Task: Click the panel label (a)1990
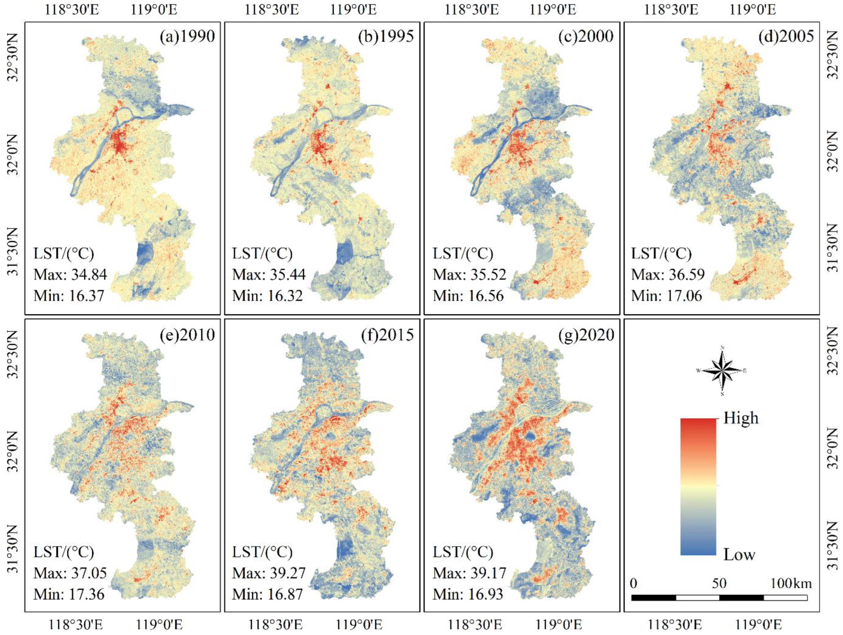pyautogui.click(x=187, y=36)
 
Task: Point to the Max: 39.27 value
pyautogui.click(x=269, y=573)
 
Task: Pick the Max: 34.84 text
pyautogui.click(x=70, y=275)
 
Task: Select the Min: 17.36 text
pyautogui.click(x=69, y=594)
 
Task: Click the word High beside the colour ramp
pyautogui.click(x=741, y=418)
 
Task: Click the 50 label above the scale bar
pyautogui.click(x=719, y=584)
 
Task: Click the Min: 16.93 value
pyautogui.click(x=468, y=594)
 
